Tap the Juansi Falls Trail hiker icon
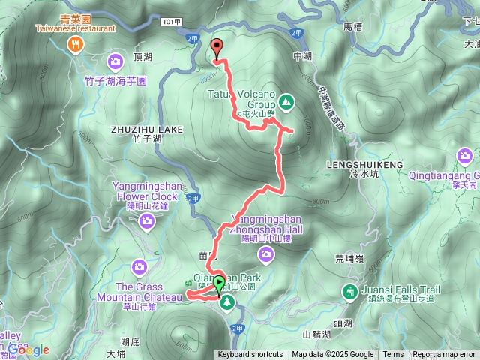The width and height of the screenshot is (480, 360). (349, 290)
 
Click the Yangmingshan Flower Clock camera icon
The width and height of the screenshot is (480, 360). (147, 220)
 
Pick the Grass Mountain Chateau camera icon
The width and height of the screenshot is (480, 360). (139, 265)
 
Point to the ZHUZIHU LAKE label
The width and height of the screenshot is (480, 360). (147, 129)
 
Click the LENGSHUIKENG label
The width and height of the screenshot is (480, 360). (365, 163)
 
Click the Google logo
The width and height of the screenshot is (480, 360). (28, 349)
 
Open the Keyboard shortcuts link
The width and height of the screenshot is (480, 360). (250, 355)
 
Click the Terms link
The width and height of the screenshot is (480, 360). (393, 355)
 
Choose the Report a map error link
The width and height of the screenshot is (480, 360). (445, 355)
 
